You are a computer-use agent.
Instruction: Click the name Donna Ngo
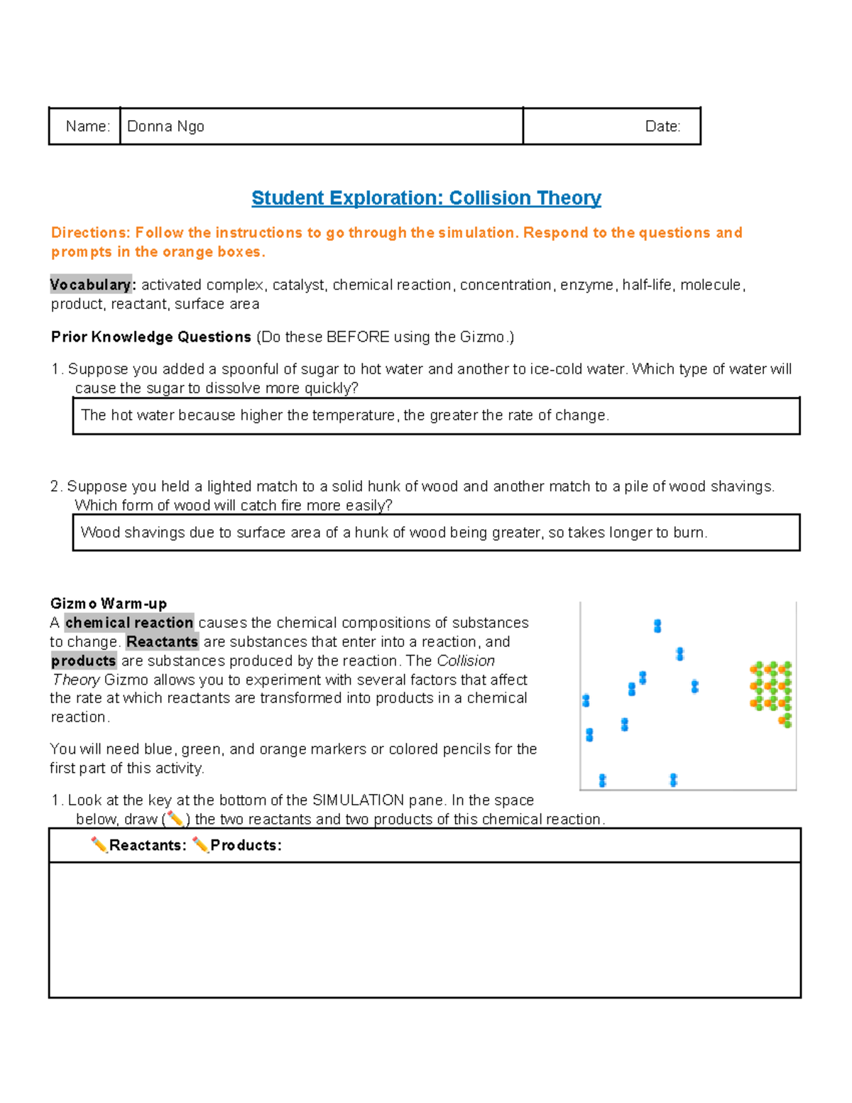(x=165, y=126)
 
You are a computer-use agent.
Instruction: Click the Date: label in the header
(x=662, y=126)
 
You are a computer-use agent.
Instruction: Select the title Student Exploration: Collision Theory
(x=426, y=198)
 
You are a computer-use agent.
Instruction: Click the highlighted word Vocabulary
(x=91, y=285)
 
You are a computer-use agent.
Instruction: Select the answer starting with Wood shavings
(x=394, y=533)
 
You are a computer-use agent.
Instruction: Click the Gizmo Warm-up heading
(x=109, y=604)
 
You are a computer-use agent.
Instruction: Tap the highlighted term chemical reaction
(x=129, y=623)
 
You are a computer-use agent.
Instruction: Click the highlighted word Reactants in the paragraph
(x=162, y=642)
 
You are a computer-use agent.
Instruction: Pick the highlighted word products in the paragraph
(x=83, y=661)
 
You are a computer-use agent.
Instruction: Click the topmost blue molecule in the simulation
(x=657, y=626)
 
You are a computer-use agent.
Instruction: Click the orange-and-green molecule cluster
(x=772, y=688)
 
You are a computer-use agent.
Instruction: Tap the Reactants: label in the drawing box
(x=148, y=845)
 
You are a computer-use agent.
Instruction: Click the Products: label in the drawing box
(x=246, y=845)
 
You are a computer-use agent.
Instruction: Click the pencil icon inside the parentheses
(x=175, y=820)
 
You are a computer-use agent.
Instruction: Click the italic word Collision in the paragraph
(x=466, y=661)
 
